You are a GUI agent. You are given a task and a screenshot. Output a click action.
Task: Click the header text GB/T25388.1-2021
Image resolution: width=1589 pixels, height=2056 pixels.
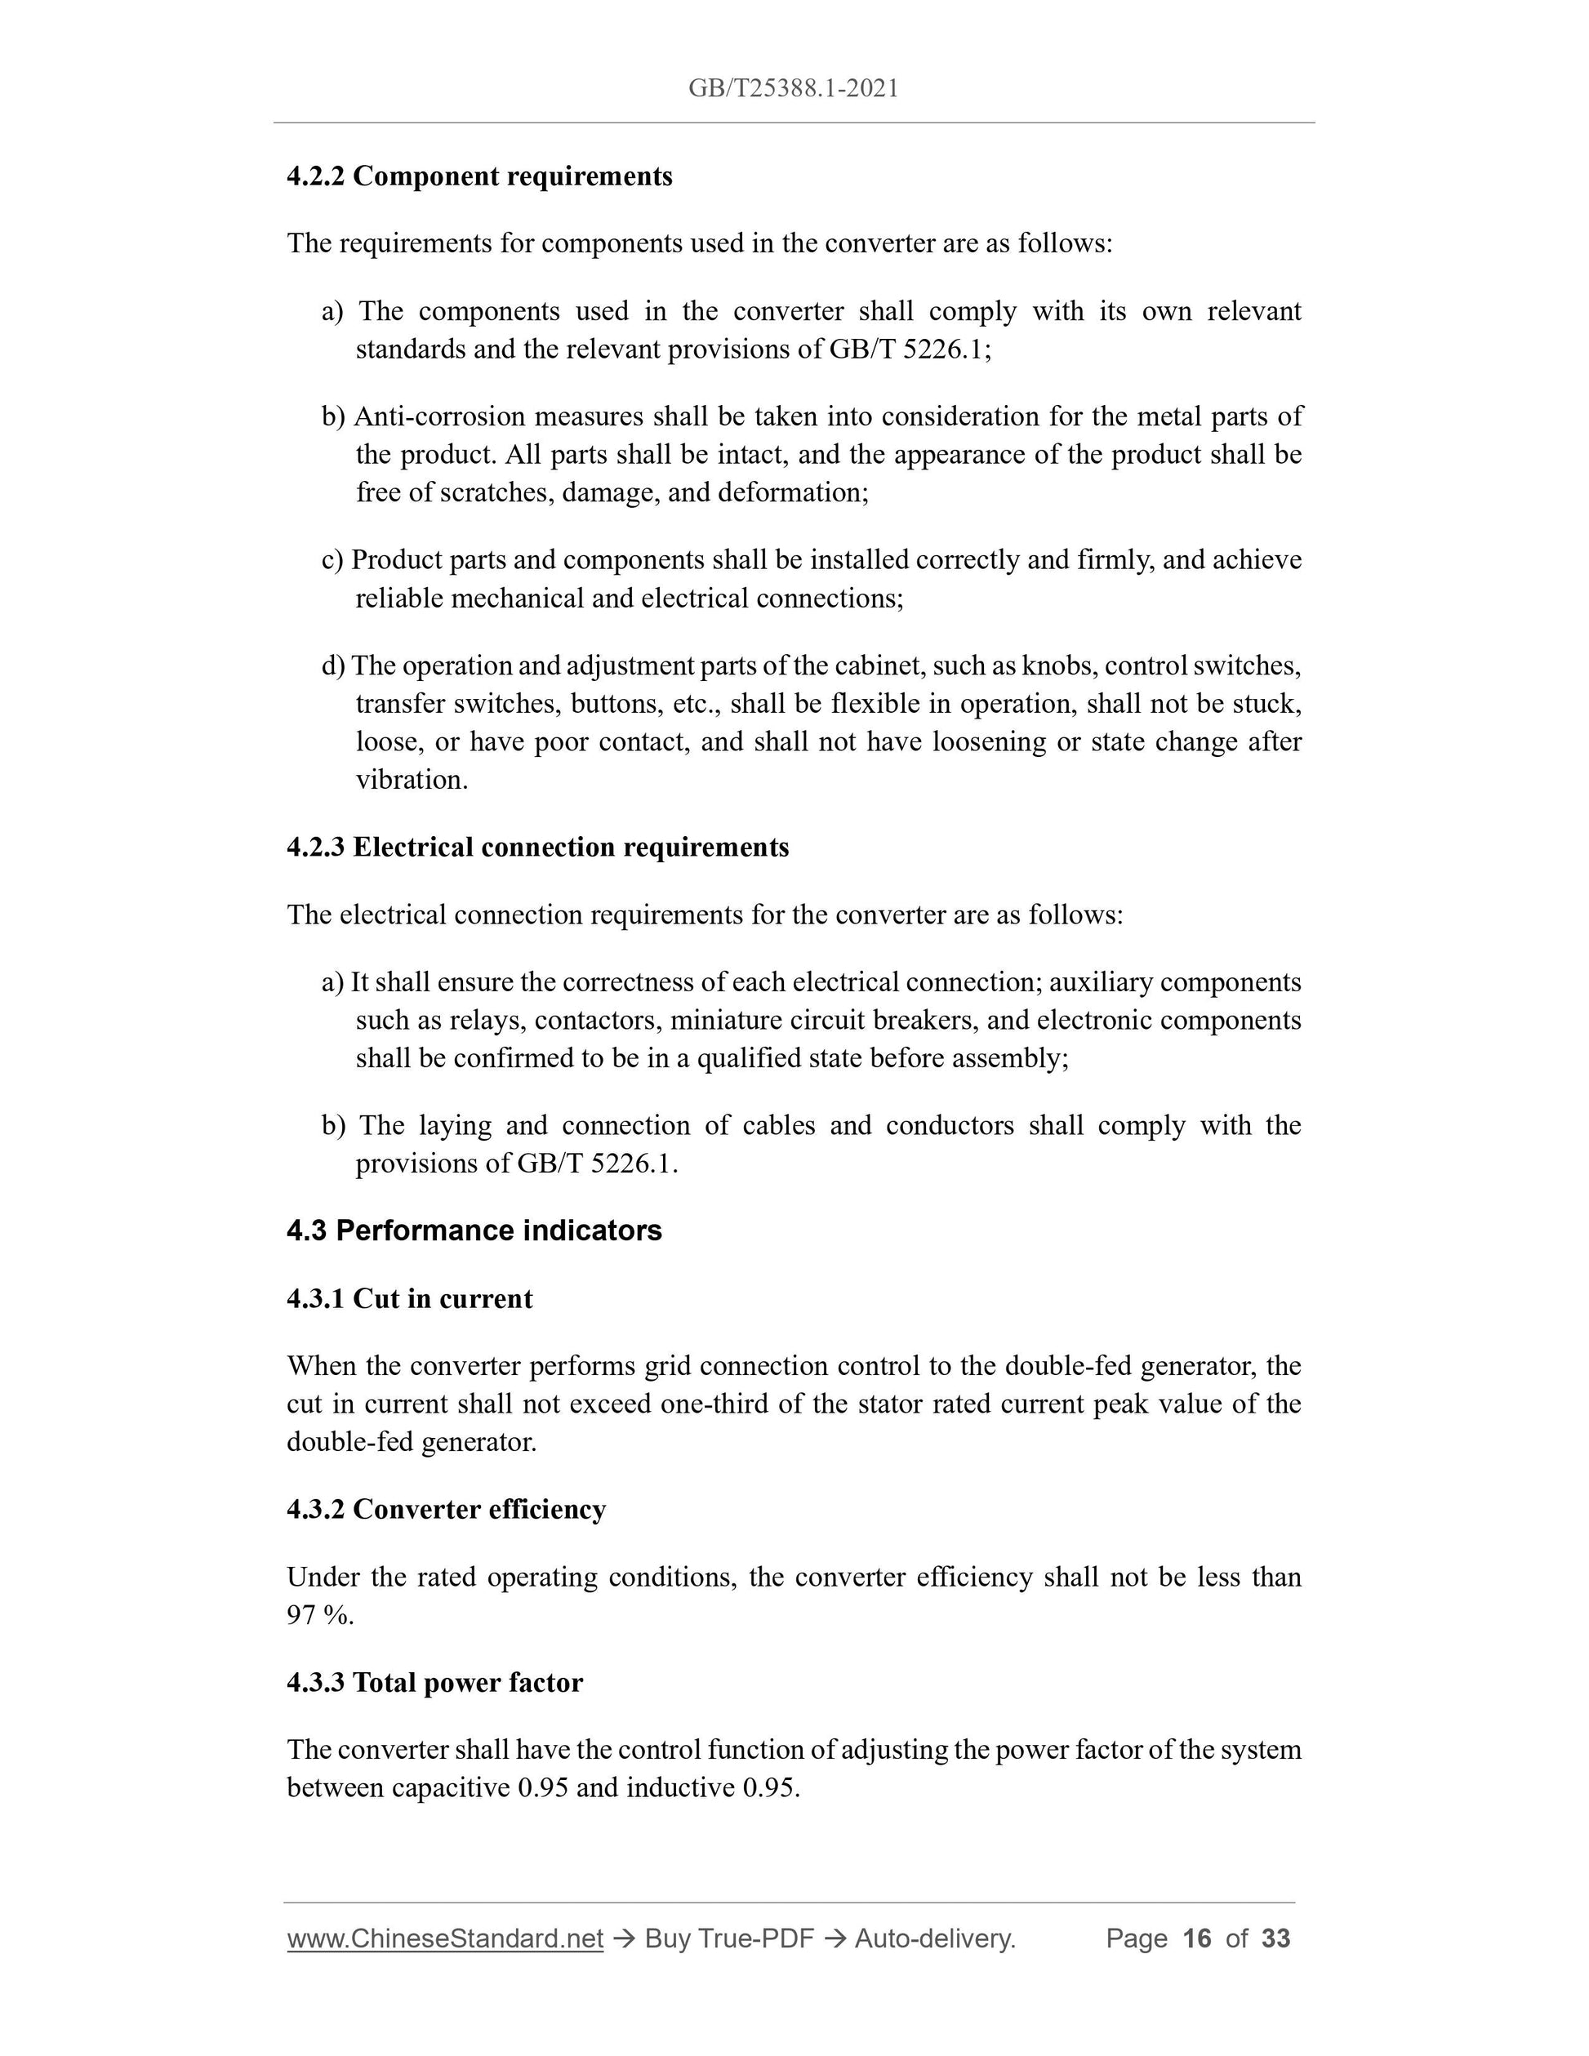coord(793,88)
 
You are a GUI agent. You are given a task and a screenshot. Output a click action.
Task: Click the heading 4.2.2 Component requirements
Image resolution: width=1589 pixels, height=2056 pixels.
coord(479,176)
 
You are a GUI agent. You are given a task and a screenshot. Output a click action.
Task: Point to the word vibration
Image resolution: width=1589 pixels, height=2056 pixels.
coord(411,780)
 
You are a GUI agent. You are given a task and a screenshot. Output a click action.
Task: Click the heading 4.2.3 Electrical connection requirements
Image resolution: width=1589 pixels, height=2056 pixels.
coord(537,848)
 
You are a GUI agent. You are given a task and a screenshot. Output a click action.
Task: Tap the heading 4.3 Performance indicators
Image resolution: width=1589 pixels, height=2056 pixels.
coord(474,1230)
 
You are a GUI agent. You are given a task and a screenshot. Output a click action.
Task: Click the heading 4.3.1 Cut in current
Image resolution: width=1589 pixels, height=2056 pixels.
coord(409,1299)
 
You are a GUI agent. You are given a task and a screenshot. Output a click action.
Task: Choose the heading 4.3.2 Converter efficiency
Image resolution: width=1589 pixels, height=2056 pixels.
coord(446,1509)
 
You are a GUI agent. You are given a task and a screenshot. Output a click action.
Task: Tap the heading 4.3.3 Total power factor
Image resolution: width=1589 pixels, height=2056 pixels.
coord(435,1682)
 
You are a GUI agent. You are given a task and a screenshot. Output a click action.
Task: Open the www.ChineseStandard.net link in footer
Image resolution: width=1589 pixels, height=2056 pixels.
coord(444,1938)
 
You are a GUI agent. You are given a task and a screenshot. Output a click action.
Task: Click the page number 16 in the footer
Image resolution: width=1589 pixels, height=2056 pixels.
coord(1196,1938)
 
